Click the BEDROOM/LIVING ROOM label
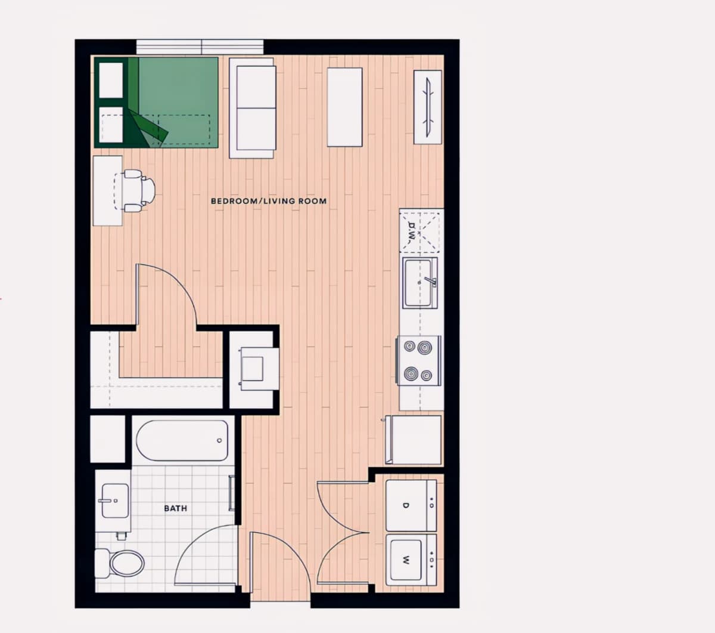tap(269, 201)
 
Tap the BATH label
tap(175, 508)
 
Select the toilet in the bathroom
tap(120, 563)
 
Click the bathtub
tap(182, 441)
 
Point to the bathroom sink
tap(115, 501)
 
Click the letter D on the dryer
tap(406, 505)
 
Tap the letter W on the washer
tap(406, 560)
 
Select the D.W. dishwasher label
tap(411, 232)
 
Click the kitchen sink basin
tap(418, 282)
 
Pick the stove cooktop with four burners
tap(418, 360)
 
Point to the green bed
tap(156, 103)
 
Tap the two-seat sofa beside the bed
tap(253, 108)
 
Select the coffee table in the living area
tap(345, 107)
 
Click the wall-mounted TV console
tap(428, 107)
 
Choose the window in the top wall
tap(200, 47)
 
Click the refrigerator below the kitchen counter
tap(414, 440)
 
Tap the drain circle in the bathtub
tap(219, 441)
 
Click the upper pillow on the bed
tap(111, 80)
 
